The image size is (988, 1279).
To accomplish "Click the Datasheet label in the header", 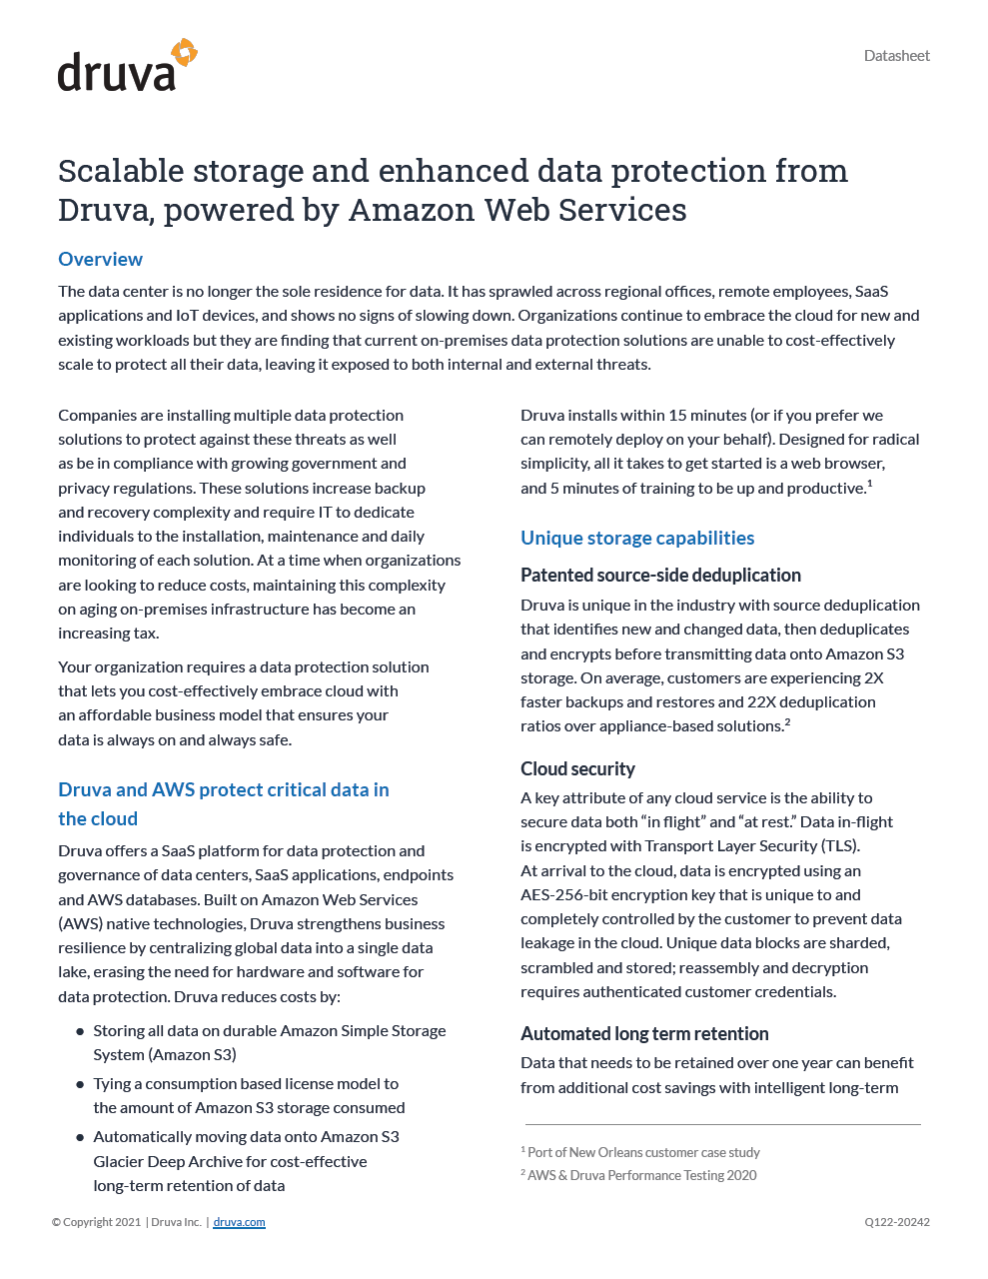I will pos(896,56).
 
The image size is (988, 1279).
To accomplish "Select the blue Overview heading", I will pos(100,260).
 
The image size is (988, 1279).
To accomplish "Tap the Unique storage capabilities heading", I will pos(637,539).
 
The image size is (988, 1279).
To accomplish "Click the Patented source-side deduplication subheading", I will pos(660,576).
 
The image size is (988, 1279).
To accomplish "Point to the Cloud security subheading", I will pos(577,769).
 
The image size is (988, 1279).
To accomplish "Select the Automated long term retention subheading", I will pos(644,1034).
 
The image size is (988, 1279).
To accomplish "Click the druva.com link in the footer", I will pos(239,1222).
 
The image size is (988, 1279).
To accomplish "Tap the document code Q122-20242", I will pos(897,1222).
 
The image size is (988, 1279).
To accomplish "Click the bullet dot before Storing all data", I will pos(80,1031).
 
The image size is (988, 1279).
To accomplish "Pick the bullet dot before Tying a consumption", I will pos(80,1084).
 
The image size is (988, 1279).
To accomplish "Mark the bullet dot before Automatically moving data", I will pos(80,1137).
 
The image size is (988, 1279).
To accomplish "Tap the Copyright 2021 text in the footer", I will pos(96,1222).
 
